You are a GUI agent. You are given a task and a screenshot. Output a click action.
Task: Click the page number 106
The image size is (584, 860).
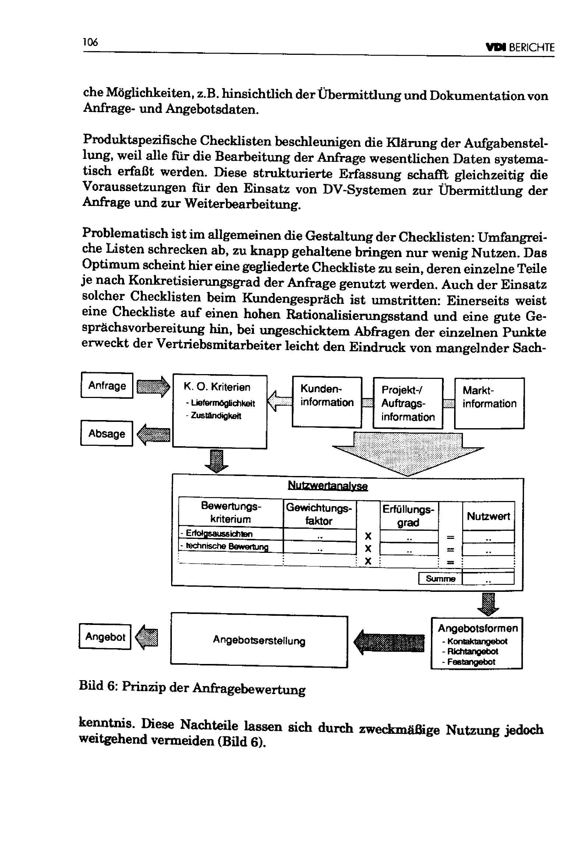[91, 42]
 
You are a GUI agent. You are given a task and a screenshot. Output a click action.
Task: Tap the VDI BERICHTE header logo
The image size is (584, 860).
[520, 47]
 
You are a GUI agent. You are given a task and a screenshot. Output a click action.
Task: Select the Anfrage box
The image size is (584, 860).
[107, 385]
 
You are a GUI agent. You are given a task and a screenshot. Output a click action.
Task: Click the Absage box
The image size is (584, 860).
[106, 433]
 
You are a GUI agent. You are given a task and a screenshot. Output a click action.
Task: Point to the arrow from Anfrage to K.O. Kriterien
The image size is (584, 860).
[153, 387]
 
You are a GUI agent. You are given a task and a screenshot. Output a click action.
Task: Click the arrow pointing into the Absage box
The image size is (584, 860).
[153, 434]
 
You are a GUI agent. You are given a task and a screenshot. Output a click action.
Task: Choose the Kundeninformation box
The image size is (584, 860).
[327, 402]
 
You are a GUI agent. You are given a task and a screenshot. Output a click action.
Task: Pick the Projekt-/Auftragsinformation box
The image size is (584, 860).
[407, 403]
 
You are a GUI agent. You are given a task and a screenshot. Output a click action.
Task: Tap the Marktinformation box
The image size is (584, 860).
[489, 403]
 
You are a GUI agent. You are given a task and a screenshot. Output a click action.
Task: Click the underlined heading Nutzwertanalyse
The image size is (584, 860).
[328, 486]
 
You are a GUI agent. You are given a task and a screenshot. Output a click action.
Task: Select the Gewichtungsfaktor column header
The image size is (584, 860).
[319, 514]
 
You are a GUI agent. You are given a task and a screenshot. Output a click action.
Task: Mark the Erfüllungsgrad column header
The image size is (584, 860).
[408, 515]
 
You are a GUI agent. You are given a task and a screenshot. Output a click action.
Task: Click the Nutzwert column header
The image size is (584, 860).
[488, 516]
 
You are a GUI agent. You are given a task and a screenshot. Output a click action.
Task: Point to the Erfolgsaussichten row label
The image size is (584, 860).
[219, 533]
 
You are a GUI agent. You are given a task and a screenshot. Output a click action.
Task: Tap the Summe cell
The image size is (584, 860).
[440, 578]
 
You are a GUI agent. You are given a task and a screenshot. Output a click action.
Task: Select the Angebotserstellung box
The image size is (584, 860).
[259, 640]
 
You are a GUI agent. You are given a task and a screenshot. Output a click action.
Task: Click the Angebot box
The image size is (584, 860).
[105, 636]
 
